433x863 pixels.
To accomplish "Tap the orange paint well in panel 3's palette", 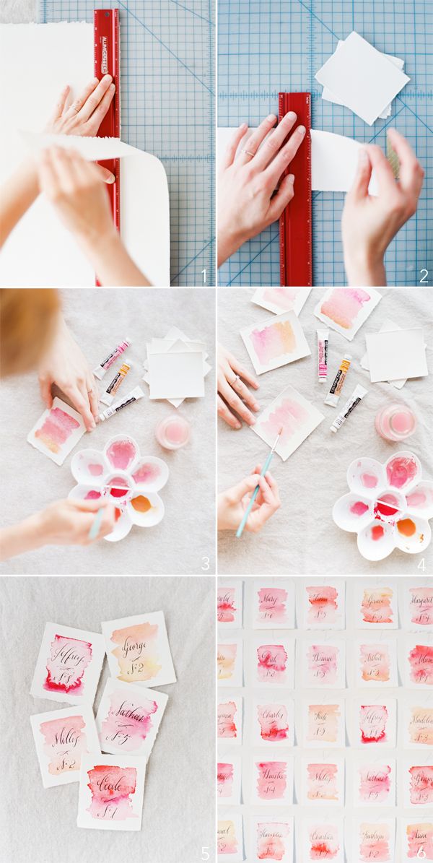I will (x=141, y=500).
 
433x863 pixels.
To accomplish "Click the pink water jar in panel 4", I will (x=394, y=421).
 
